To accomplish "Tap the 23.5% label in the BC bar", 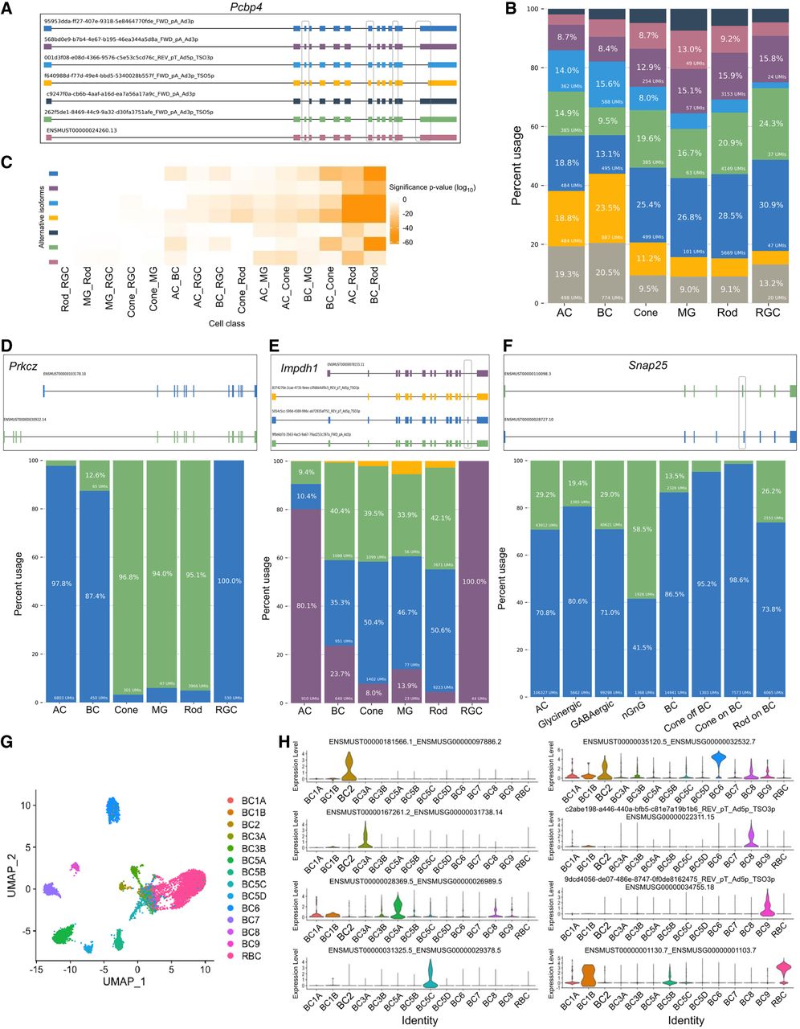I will [608, 207].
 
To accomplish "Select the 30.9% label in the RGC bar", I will [768, 206].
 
